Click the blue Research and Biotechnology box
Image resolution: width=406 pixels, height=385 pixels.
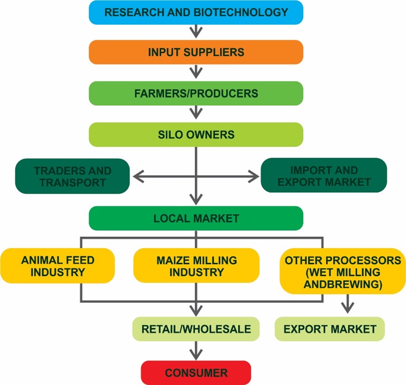[196, 12]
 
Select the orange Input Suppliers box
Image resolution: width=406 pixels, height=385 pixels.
[196, 52]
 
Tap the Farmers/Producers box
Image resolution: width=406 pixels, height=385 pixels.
[196, 93]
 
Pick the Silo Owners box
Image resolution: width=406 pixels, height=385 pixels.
[196, 135]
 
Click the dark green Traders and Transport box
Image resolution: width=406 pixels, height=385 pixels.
[72, 176]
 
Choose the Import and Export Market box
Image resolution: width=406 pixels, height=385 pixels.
[324, 176]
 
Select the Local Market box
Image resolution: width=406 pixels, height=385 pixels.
[196, 218]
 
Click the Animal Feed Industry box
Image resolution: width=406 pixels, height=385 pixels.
[58, 266]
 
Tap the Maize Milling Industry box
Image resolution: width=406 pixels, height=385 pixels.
[196, 266]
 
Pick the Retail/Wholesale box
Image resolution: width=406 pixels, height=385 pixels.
[196, 329]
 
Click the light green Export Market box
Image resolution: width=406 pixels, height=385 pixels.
[329, 329]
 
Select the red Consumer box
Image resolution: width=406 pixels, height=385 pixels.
[196, 373]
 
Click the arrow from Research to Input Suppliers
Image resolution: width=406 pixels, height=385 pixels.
[196, 32]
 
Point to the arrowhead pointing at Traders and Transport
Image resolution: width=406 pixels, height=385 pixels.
[138, 177]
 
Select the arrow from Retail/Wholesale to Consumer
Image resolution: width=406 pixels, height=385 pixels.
[196, 351]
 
